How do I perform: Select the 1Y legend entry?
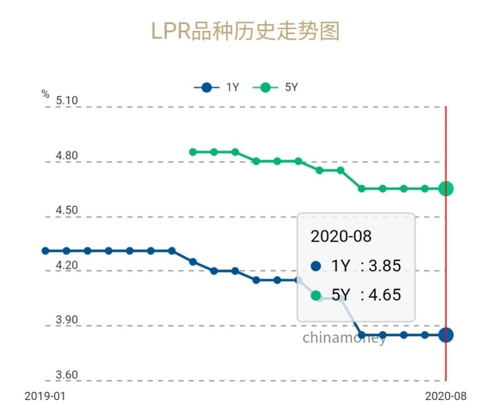[217, 88]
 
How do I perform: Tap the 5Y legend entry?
[275, 88]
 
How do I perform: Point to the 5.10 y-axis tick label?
[67, 101]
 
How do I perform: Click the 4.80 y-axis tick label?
[67, 156]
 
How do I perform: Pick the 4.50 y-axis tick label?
[67, 211]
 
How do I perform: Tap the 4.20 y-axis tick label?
[67, 266]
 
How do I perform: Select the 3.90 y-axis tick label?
[67, 320]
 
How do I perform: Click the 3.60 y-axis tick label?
[67, 375]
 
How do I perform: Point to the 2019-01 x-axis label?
[45, 396]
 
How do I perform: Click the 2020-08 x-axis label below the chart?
[445, 396]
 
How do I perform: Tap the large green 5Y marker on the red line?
[446, 188]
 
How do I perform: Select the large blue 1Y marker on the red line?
[446, 335]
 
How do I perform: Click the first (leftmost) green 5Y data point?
[193, 152]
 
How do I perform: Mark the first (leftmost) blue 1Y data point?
[46, 251]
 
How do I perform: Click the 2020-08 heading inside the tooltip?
[341, 236]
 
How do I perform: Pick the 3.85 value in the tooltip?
[384, 266]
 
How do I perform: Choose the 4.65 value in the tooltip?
[384, 295]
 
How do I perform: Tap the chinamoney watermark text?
[344, 338]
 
